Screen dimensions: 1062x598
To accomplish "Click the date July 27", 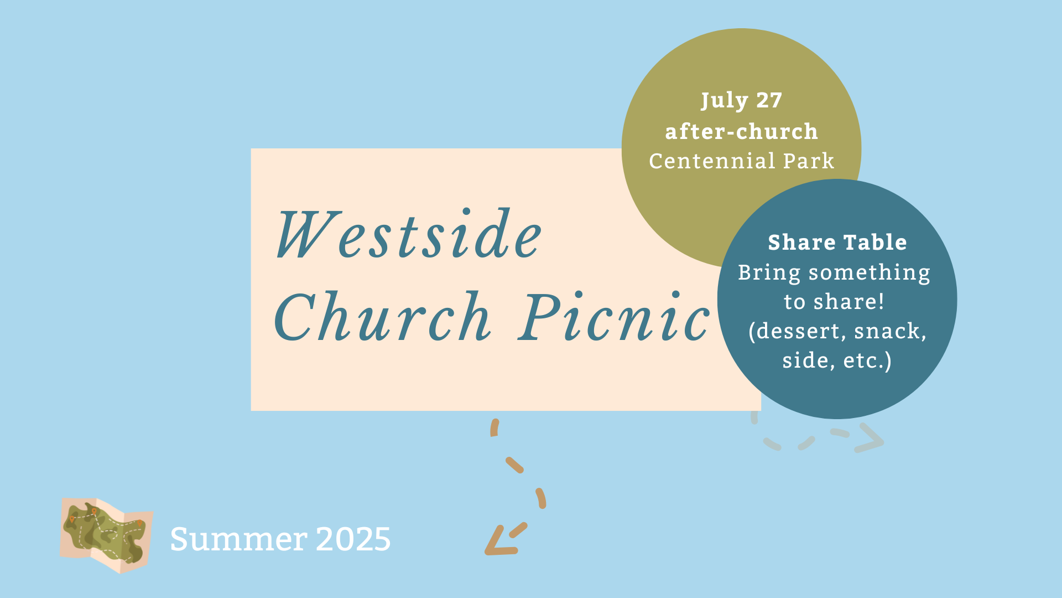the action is pyautogui.click(x=741, y=101).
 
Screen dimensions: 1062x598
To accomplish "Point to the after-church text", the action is pyautogui.click(x=741, y=132).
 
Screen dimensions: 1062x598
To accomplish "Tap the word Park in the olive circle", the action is pyautogui.click(x=809, y=161).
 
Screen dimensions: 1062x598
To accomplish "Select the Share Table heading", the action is pyautogui.click(x=837, y=243).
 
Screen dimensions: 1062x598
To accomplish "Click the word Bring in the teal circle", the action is pyautogui.click(x=769, y=273).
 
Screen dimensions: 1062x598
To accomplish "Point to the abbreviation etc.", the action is pyautogui.click(x=865, y=361).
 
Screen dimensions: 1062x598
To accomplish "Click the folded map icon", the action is pyautogui.click(x=106, y=535).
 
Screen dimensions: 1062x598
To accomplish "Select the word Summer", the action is pyautogui.click(x=238, y=539).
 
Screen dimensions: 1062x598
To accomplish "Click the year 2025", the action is pyautogui.click(x=353, y=539).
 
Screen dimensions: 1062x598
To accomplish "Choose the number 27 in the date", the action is pyautogui.click(x=769, y=100).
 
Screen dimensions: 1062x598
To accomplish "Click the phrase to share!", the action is pyautogui.click(x=834, y=302).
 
